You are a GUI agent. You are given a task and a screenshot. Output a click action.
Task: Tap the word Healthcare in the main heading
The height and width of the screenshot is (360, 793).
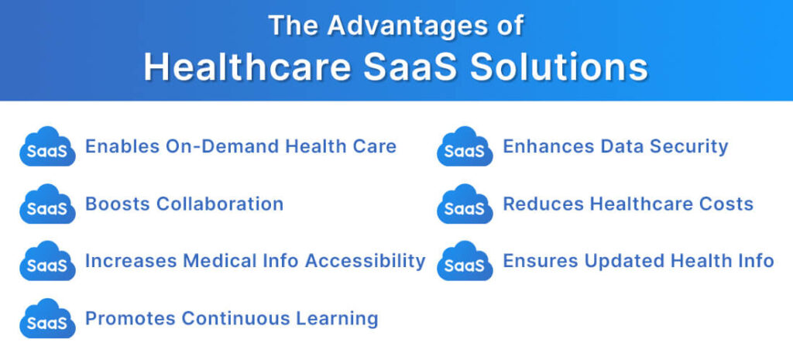tap(241, 67)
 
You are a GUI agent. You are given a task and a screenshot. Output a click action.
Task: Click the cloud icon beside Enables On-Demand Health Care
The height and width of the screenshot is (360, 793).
tap(47, 146)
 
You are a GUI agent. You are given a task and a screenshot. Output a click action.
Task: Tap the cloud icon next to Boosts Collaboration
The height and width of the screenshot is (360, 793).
tap(47, 204)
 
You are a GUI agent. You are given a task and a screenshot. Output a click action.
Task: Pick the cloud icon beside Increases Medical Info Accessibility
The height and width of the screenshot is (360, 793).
tap(47, 261)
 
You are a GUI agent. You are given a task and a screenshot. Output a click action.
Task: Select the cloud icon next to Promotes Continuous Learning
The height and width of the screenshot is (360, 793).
tap(47, 318)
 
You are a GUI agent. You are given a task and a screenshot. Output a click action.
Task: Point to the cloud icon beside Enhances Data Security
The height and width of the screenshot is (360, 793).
tap(465, 146)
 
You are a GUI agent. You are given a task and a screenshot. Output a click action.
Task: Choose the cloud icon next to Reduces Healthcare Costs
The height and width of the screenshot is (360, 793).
tap(465, 204)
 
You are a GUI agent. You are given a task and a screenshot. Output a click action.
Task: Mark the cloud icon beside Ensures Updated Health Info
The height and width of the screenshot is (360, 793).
tap(465, 261)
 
